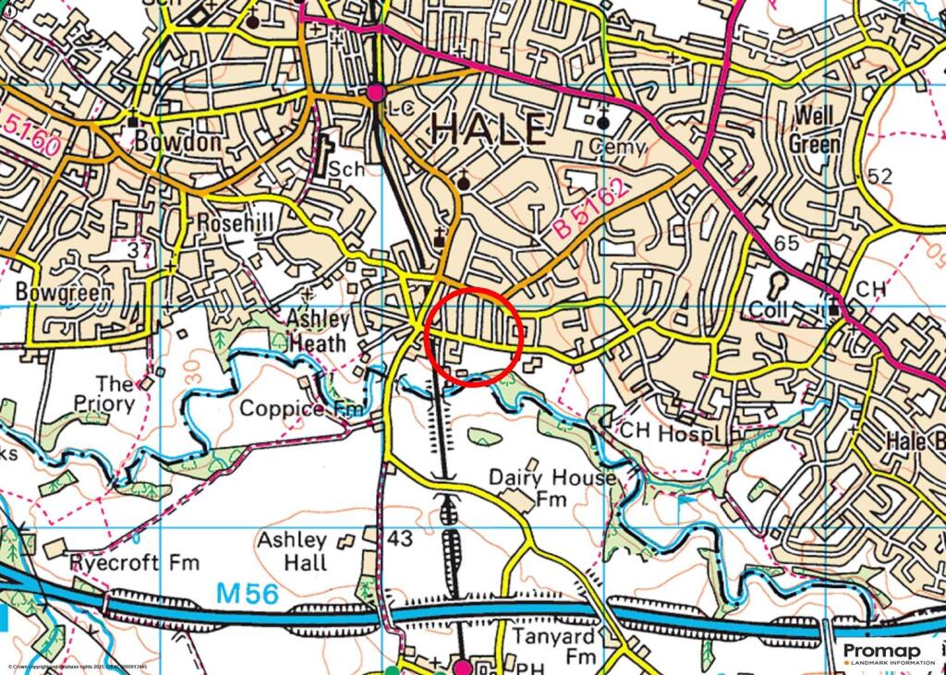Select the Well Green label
pos(815,130)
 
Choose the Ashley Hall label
pos(292,551)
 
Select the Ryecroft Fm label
pos(128,562)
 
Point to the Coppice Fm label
pos(295,408)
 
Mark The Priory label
pos(115,393)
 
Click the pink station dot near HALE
pos(375,92)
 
